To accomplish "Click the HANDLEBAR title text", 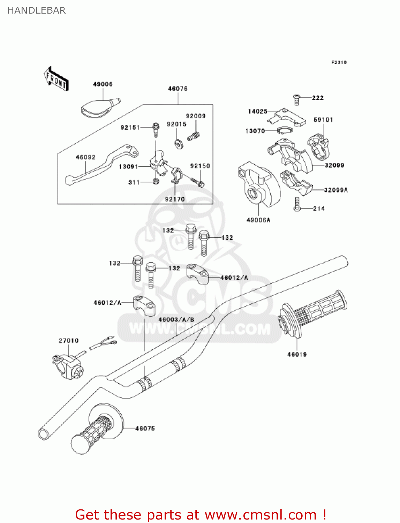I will [x=36, y=10].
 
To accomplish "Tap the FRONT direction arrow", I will [x=56, y=79].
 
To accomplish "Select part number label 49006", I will [x=103, y=84].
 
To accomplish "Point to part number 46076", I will [x=178, y=89].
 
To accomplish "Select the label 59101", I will [x=323, y=120].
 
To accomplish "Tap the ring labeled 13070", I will [x=284, y=131].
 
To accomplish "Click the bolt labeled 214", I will [x=297, y=204].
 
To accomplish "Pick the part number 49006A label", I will [x=258, y=220].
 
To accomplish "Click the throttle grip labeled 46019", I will [x=314, y=312].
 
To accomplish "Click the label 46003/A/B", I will [x=176, y=319].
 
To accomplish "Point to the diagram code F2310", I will [x=339, y=62].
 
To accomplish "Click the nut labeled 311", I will [x=156, y=181].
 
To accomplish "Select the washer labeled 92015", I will [x=179, y=143].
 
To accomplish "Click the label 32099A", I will [x=335, y=190].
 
